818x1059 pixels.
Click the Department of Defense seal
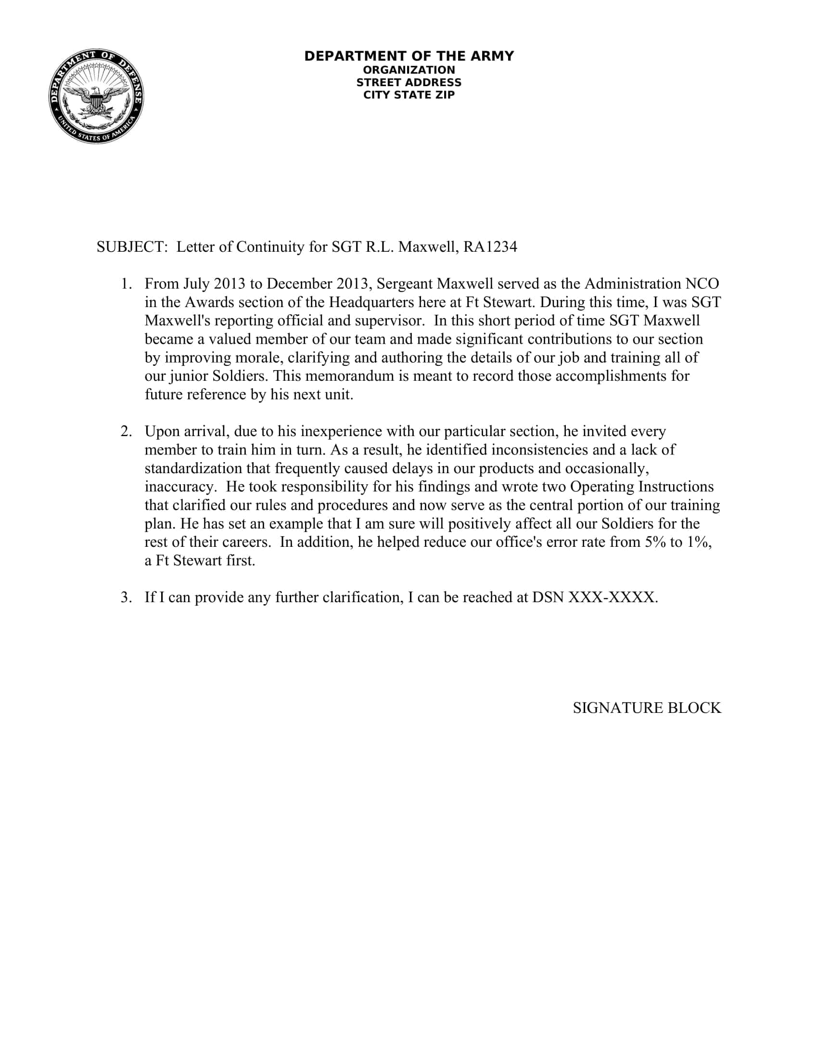(x=96, y=96)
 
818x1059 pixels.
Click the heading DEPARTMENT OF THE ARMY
(x=409, y=56)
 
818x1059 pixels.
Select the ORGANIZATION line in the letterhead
(x=409, y=70)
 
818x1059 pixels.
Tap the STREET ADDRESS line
(x=409, y=82)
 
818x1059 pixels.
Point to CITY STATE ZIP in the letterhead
(x=409, y=95)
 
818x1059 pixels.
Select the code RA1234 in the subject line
(x=490, y=247)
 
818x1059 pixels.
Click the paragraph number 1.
(x=126, y=284)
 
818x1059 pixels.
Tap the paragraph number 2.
(x=126, y=432)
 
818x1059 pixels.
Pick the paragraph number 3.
(x=126, y=597)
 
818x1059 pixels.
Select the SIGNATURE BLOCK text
(x=646, y=708)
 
